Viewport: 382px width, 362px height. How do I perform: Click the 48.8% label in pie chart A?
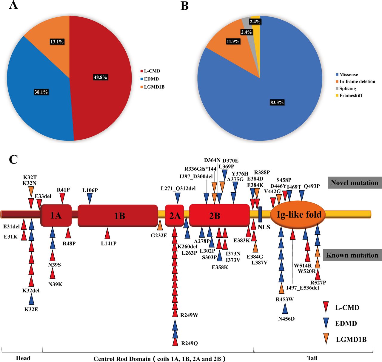(x=100, y=77)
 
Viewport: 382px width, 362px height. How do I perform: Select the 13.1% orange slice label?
(x=57, y=42)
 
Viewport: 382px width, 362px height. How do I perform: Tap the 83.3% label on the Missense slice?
(x=277, y=102)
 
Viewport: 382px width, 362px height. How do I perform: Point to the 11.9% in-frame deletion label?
(x=233, y=41)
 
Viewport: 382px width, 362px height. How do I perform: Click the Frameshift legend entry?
(x=349, y=95)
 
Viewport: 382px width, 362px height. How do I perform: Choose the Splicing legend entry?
(x=346, y=88)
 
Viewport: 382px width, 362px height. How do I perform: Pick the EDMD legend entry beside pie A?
(x=150, y=79)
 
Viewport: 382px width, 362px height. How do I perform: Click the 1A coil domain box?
(x=56, y=215)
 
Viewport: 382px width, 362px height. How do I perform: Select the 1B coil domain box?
(x=118, y=216)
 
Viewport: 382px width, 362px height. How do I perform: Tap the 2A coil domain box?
(x=175, y=216)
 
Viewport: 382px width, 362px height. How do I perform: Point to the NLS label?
(x=264, y=227)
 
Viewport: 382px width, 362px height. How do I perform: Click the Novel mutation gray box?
(x=355, y=182)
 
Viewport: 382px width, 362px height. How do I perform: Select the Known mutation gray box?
(x=352, y=255)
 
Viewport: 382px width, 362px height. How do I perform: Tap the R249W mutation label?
(x=189, y=315)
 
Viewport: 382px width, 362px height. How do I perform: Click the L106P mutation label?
(x=90, y=190)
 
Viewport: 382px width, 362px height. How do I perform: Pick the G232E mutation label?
(x=159, y=236)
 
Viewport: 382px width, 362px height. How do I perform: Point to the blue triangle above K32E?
(x=31, y=299)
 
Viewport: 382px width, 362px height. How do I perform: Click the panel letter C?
(x=13, y=159)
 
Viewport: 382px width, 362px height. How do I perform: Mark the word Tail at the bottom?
(x=312, y=358)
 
